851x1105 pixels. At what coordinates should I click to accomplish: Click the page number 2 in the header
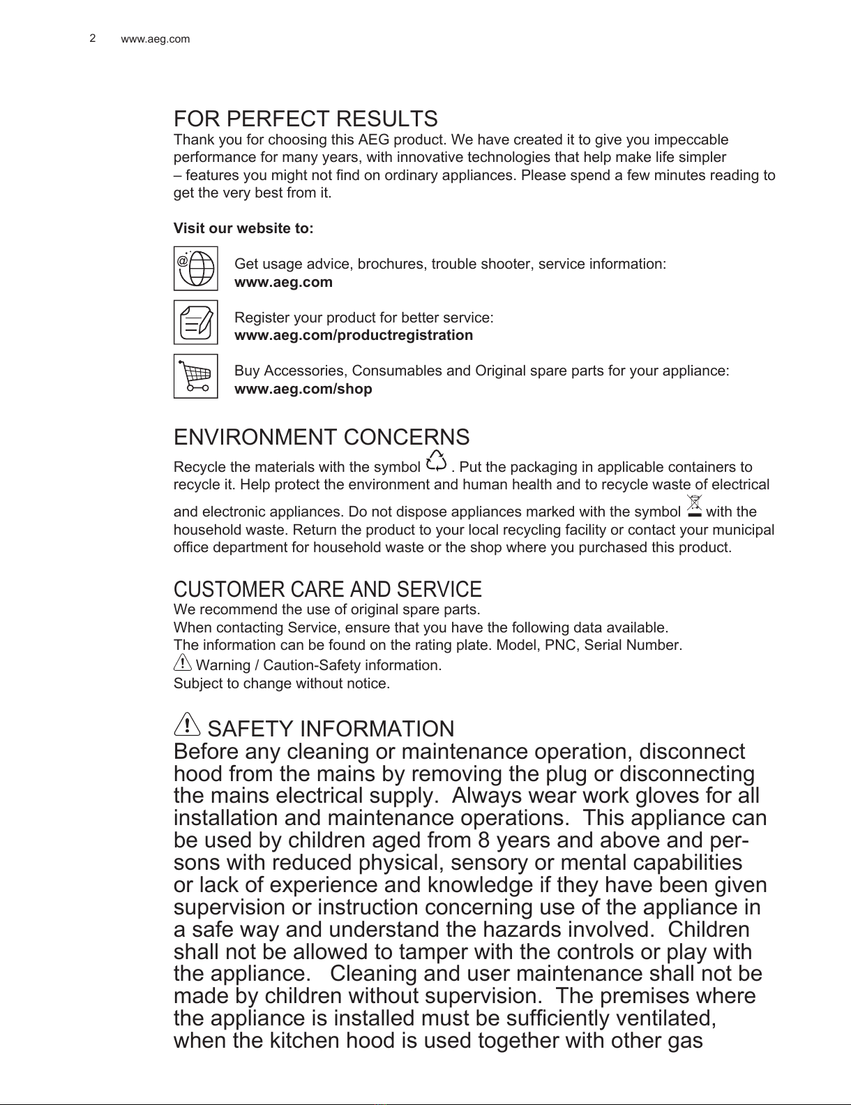(92, 38)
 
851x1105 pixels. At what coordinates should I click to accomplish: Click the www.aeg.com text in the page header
(155, 39)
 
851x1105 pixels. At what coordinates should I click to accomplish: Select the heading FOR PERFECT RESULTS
(306, 119)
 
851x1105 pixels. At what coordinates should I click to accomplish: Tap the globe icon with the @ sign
(196, 268)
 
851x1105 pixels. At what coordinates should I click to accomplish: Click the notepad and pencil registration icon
(196, 322)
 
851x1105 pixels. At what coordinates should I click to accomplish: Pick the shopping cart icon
(196, 376)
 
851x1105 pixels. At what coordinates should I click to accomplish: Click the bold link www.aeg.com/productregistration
(353, 336)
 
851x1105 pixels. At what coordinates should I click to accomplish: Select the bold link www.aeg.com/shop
(303, 389)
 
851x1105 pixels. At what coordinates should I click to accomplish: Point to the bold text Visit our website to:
(243, 229)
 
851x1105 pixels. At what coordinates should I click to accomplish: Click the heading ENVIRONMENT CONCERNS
(321, 438)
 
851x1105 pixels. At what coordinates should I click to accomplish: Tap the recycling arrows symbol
(436, 461)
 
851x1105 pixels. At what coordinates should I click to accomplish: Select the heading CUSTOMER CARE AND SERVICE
(327, 589)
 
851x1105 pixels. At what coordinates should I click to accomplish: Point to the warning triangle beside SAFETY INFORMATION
(187, 724)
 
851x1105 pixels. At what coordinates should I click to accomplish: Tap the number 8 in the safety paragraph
(485, 840)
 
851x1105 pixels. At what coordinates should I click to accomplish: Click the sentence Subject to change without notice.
(281, 683)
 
